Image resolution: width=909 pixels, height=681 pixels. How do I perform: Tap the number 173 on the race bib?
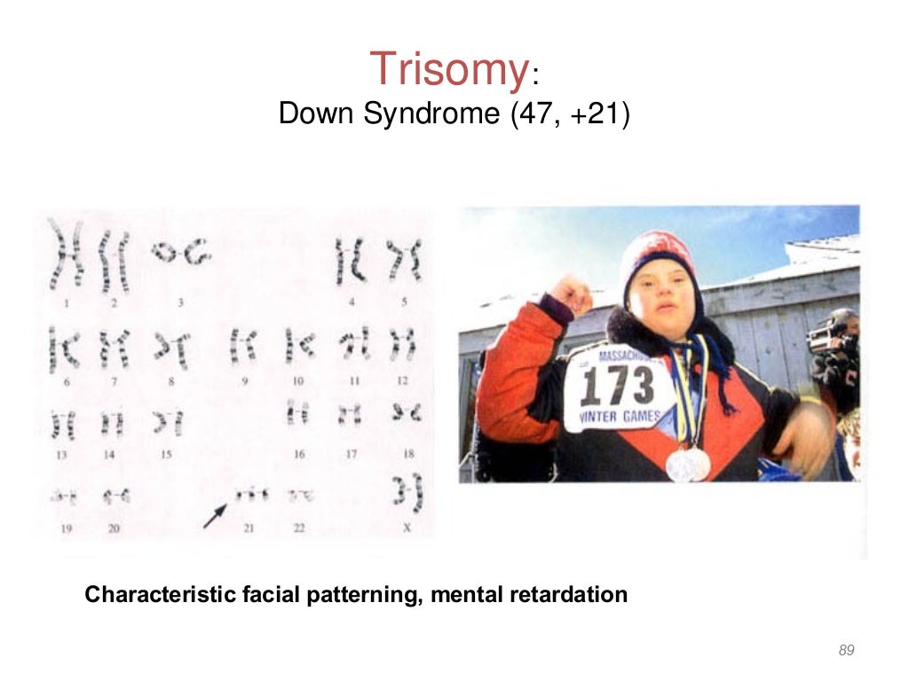[619, 385]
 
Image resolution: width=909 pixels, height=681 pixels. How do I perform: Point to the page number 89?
[846, 651]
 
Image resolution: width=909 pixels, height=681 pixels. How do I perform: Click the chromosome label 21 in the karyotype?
[249, 528]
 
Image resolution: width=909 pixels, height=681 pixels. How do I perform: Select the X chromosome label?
[406, 528]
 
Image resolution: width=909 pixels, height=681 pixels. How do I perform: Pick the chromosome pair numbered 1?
[65, 257]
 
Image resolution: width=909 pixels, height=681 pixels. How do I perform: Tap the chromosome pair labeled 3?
[180, 254]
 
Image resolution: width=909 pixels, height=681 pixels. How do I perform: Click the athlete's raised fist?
[571, 294]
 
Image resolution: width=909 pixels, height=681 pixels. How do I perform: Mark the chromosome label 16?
[299, 454]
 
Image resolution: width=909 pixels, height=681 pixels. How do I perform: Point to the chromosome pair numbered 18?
[407, 413]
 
